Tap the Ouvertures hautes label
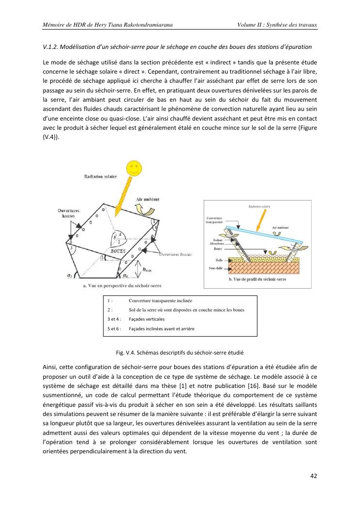(69, 214)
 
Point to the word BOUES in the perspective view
(119, 251)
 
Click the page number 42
(313, 475)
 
